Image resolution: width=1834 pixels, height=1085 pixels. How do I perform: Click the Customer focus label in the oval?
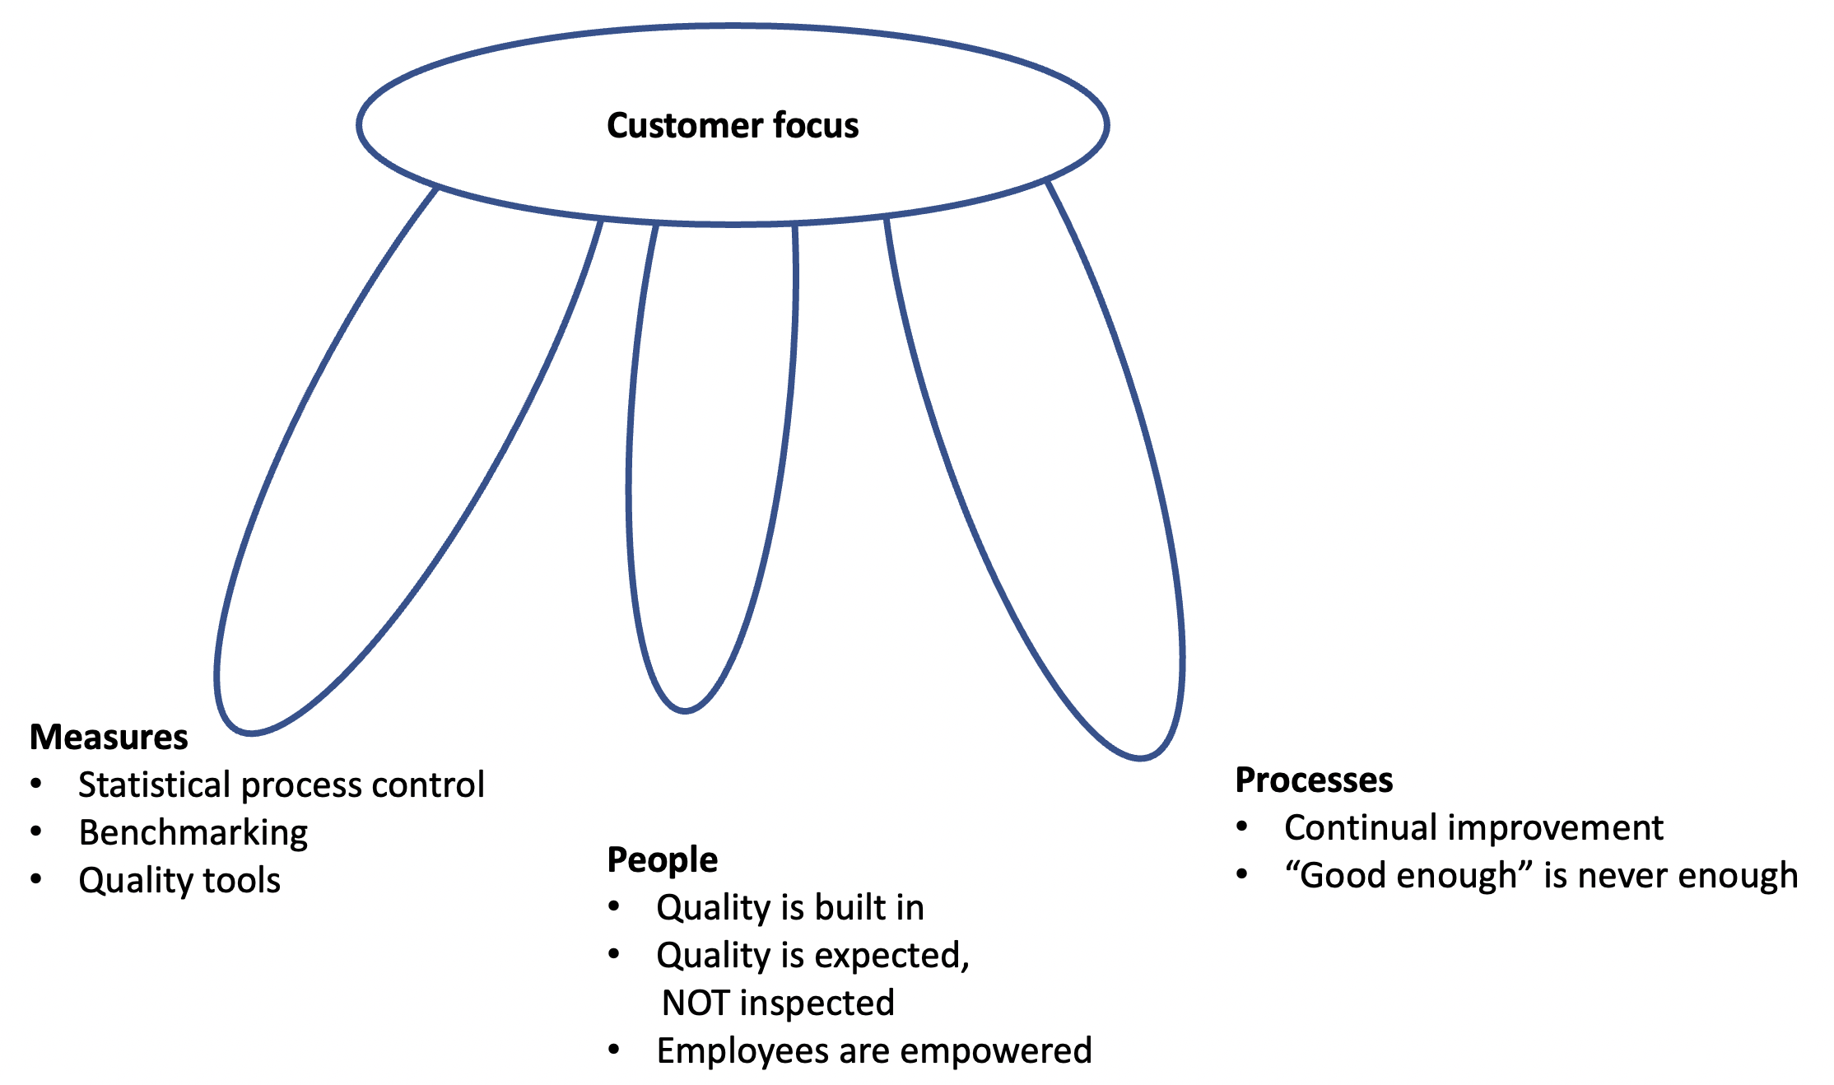[733, 126]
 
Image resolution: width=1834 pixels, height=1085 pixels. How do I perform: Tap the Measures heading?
[109, 737]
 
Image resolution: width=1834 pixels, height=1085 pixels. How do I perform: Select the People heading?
[662, 859]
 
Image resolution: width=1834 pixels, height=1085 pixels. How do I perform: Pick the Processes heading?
[1314, 780]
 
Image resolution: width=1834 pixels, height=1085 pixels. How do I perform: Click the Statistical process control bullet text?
[281, 785]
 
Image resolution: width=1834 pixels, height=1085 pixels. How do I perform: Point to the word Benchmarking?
[193, 832]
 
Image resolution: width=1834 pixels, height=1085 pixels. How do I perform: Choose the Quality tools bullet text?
[179, 880]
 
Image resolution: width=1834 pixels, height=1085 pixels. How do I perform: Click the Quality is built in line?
[790, 907]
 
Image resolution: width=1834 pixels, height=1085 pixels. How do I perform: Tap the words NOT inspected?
[778, 1003]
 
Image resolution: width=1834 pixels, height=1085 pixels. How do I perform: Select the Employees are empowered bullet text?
[874, 1050]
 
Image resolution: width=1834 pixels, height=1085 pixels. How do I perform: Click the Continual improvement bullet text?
[1473, 827]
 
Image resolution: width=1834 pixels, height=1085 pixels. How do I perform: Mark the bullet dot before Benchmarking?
[36, 831]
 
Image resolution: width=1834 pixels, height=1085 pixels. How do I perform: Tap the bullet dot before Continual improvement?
[1242, 827]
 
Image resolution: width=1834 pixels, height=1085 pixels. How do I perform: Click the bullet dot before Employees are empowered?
[614, 1050]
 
